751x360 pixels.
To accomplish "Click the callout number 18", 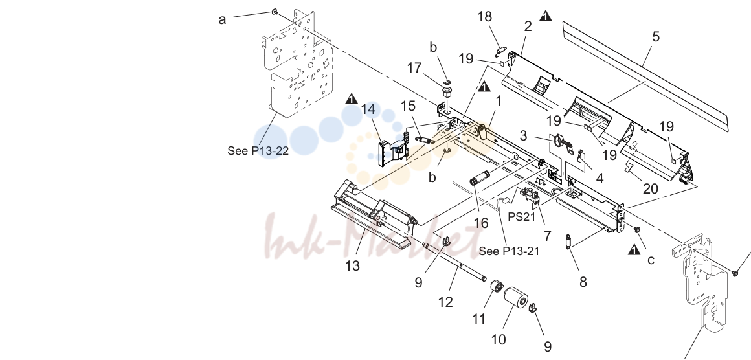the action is (x=484, y=17).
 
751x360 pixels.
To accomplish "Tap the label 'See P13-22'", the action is (x=258, y=151).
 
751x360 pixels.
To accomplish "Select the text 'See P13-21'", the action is (x=509, y=251).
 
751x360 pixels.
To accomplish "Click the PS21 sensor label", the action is (x=522, y=217).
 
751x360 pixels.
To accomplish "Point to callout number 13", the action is (x=352, y=265).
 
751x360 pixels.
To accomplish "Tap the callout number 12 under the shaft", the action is (x=445, y=302).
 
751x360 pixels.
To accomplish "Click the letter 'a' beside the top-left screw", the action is (x=222, y=19).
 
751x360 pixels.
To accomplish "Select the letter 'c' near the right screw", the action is (x=651, y=260).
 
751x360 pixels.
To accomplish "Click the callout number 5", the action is (x=656, y=36).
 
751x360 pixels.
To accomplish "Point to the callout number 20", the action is (x=650, y=188).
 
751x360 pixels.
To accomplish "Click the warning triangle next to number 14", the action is (x=352, y=98).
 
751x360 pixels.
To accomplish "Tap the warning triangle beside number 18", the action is (x=546, y=16).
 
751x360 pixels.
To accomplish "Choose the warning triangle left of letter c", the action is (x=634, y=249).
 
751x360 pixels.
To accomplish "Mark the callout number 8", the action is (x=583, y=282).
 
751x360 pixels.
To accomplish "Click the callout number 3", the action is (x=523, y=136).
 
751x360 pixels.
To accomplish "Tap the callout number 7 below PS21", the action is (x=547, y=236).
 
